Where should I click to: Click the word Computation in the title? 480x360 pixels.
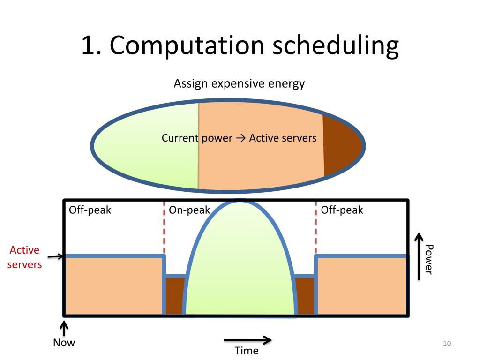[187, 46]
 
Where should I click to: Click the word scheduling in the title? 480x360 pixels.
[336, 46]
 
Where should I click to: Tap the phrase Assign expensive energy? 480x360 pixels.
[239, 83]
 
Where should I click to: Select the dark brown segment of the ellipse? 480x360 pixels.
[341, 145]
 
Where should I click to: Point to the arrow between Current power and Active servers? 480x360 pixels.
[240, 138]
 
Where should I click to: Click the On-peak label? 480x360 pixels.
[189, 210]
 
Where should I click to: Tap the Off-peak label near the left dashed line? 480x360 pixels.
[90, 210]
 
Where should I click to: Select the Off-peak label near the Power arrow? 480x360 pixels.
[342, 210]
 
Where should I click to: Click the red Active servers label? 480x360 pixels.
[24, 257]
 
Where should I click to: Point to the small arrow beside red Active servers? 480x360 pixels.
[56, 256]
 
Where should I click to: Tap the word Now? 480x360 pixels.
[64, 343]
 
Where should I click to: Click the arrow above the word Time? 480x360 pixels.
[247, 340]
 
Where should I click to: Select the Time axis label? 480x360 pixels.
[247, 351]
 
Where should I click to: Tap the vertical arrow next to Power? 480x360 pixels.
[419, 256]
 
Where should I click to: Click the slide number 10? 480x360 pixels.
[447, 344]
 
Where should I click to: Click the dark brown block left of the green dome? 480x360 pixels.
[175, 296]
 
